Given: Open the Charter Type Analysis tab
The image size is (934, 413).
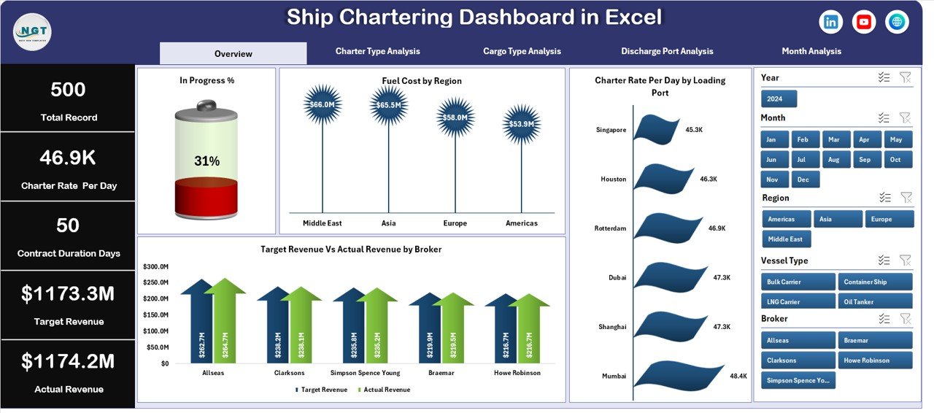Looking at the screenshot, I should click(377, 52).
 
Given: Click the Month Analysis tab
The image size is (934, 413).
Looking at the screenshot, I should click(811, 52).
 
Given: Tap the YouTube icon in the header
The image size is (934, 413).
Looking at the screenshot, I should click(864, 22).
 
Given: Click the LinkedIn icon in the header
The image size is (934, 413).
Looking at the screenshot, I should click(830, 22).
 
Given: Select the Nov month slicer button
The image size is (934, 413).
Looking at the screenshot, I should click(773, 180).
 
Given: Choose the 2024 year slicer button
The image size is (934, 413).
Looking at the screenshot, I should click(779, 99).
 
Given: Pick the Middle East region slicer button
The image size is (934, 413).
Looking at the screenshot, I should click(786, 239).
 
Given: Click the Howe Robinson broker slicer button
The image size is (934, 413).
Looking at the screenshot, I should click(876, 360).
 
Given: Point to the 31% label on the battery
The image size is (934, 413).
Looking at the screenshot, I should click(207, 161).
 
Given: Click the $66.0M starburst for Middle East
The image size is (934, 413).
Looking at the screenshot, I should click(322, 104).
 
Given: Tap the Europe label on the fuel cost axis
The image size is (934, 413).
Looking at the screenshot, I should click(455, 223).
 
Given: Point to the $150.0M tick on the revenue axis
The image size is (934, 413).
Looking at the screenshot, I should click(155, 314).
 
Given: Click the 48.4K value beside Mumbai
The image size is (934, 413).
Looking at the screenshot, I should click(738, 376).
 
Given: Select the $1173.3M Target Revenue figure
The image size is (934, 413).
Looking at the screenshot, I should click(68, 294).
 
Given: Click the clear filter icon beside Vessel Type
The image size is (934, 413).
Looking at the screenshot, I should click(905, 260).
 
